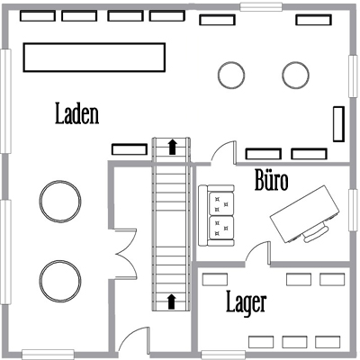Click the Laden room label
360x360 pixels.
click(x=76, y=114)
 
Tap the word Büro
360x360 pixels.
click(x=271, y=181)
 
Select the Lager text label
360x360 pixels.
click(x=245, y=303)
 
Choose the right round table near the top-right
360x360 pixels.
click(x=294, y=73)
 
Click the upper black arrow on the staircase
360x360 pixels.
click(x=171, y=147)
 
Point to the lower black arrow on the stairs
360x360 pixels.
click(x=171, y=301)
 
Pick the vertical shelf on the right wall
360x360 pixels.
click(x=339, y=123)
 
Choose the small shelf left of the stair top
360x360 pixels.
click(x=129, y=148)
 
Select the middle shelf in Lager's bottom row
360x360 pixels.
click(x=294, y=342)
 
